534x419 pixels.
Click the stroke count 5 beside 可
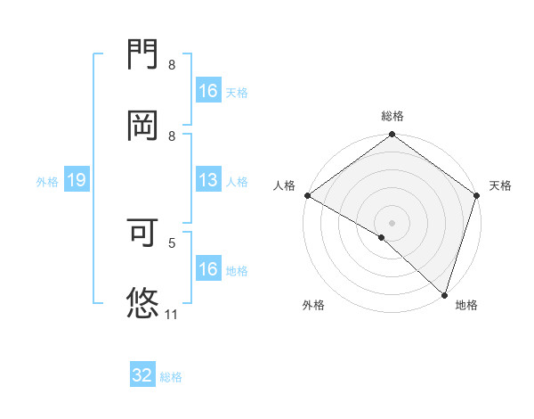click(x=172, y=242)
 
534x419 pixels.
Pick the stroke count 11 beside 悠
click(x=172, y=314)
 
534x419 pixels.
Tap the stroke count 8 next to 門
click(x=172, y=65)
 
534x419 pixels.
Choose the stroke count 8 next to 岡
click(x=172, y=135)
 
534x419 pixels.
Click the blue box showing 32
click(x=142, y=375)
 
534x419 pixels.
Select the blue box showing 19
click(x=77, y=180)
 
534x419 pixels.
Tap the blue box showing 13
click(x=208, y=180)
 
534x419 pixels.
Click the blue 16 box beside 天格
click(x=208, y=91)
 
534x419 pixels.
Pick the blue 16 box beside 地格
click(x=208, y=269)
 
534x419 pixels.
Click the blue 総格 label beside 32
click(x=171, y=377)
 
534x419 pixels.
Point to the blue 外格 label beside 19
click(x=47, y=181)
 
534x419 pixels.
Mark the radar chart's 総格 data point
click(x=392, y=136)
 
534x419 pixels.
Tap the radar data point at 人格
click(x=307, y=195)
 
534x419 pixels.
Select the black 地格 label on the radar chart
click(x=466, y=305)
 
